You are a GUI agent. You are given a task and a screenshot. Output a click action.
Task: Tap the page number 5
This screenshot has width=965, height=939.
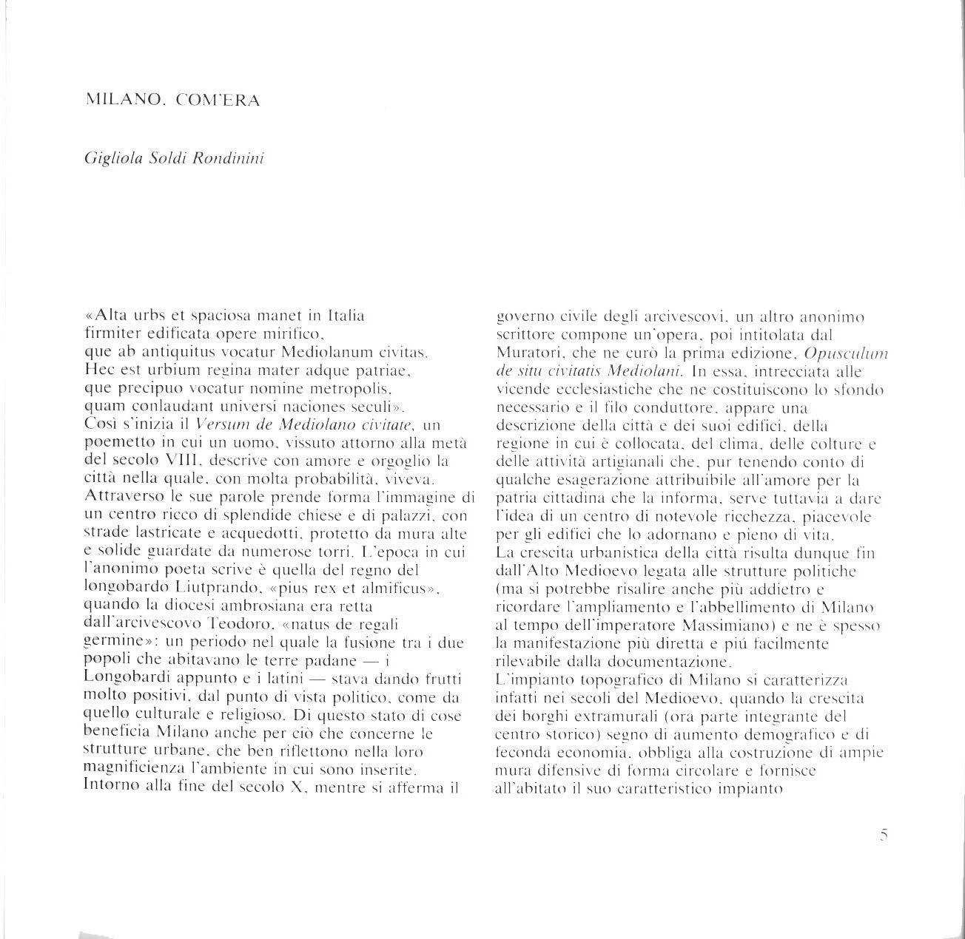(x=884, y=835)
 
